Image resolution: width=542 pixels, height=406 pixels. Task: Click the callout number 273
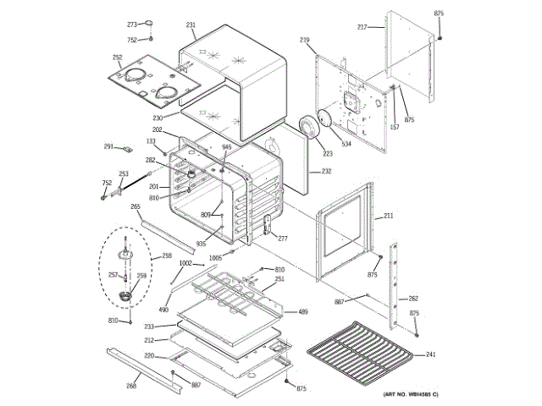pos(132,25)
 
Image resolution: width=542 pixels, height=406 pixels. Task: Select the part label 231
pos(191,25)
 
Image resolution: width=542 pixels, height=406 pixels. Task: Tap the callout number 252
pos(117,58)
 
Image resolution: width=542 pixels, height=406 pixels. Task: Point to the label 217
pos(362,27)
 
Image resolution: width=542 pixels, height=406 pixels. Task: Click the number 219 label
pos(305,40)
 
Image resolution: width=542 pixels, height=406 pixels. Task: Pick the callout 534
pos(346,145)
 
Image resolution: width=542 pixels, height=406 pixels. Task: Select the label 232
pos(326,172)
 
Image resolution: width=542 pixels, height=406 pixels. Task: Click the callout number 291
pos(108,146)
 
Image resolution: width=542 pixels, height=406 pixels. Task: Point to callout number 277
pos(283,239)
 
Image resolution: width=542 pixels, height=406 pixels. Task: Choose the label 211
pos(388,217)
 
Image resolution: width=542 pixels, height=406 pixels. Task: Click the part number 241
pos(430,354)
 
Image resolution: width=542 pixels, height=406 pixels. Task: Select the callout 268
pos(131,386)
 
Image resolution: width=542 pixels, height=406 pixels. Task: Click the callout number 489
pos(302,312)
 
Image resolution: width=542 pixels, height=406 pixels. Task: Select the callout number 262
pos(413,299)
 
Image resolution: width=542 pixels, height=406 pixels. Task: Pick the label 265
pos(135,206)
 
